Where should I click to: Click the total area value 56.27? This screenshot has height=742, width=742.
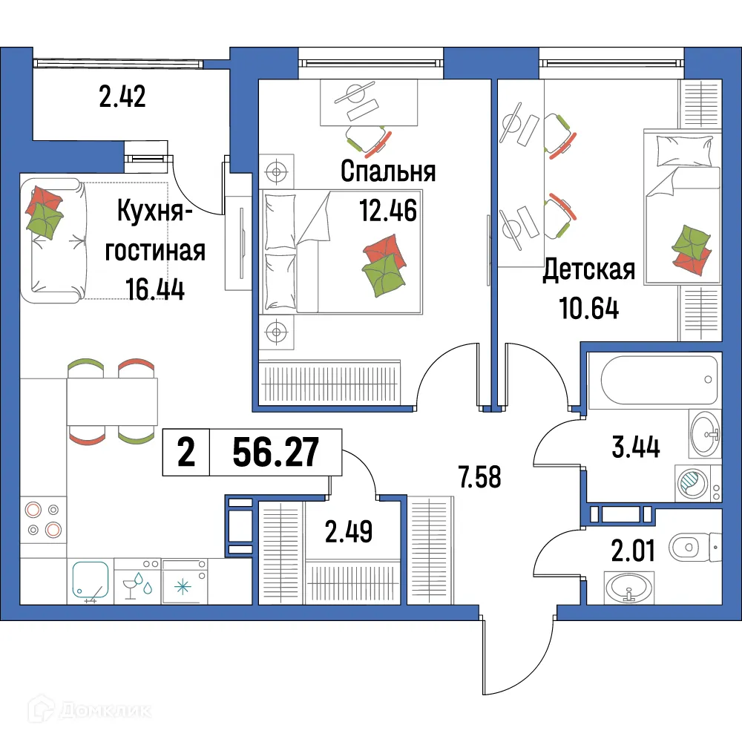tap(276, 452)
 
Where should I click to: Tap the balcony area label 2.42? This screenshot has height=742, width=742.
tap(122, 97)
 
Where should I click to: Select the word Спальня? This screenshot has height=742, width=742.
tap(388, 171)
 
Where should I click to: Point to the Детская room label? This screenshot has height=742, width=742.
tap(588, 270)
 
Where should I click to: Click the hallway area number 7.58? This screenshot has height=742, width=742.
tap(480, 478)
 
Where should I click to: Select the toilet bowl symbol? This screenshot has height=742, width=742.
tap(690, 548)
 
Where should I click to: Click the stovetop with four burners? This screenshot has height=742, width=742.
tap(43, 519)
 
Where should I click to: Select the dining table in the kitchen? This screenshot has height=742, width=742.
tap(112, 401)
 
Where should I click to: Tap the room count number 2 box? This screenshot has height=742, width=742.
tap(186, 452)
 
